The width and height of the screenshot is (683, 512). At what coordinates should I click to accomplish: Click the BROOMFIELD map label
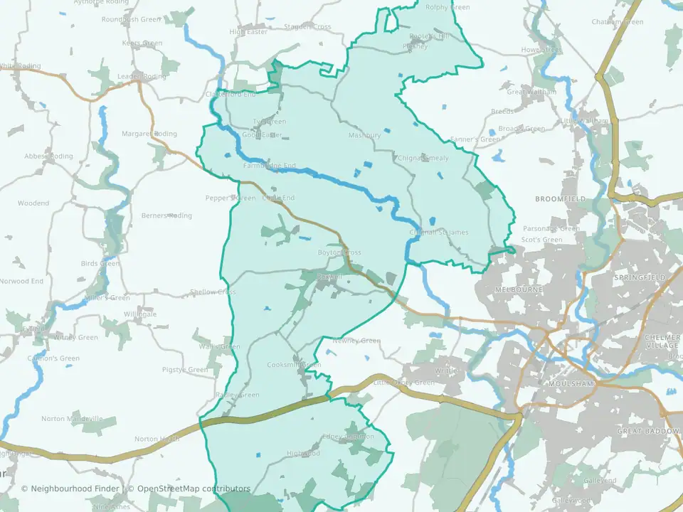(560, 199)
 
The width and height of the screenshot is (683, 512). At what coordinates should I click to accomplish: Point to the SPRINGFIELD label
(638, 277)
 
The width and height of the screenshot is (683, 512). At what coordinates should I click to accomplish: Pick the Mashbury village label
(364, 135)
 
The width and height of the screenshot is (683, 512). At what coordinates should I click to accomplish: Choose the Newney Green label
(356, 341)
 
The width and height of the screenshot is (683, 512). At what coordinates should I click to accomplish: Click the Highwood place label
(303, 453)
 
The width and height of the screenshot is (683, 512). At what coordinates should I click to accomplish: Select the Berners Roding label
(166, 215)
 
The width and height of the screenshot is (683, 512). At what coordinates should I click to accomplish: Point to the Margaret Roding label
(149, 134)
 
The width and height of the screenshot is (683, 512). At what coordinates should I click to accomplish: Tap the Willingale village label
(139, 314)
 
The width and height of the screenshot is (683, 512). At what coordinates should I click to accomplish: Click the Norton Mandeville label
(72, 419)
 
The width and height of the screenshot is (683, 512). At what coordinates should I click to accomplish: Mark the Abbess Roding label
(48, 156)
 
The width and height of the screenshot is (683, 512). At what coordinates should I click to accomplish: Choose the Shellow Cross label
(213, 292)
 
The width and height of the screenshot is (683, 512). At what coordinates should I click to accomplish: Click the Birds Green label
(100, 264)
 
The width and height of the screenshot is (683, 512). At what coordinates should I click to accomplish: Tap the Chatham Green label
(617, 22)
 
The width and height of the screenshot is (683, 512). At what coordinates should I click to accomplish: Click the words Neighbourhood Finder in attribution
(75, 489)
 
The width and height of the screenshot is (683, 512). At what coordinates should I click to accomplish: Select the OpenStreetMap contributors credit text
(194, 489)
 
